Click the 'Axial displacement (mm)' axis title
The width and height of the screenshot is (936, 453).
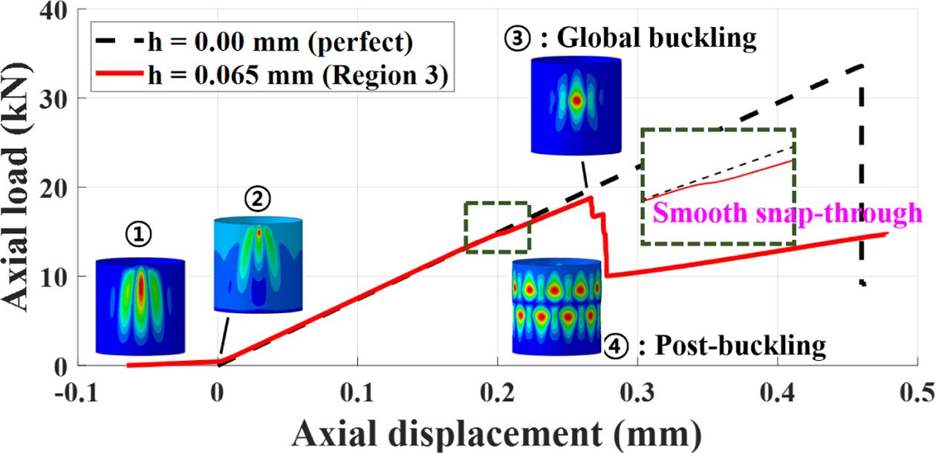[x=497, y=431]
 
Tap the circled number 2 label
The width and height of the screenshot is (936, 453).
[x=257, y=199]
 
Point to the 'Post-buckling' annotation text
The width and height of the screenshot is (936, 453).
[x=732, y=345]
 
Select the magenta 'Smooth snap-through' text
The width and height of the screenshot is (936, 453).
[x=786, y=214]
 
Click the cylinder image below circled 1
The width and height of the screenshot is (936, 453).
[x=140, y=306]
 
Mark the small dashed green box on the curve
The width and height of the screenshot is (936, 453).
[x=496, y=227]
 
